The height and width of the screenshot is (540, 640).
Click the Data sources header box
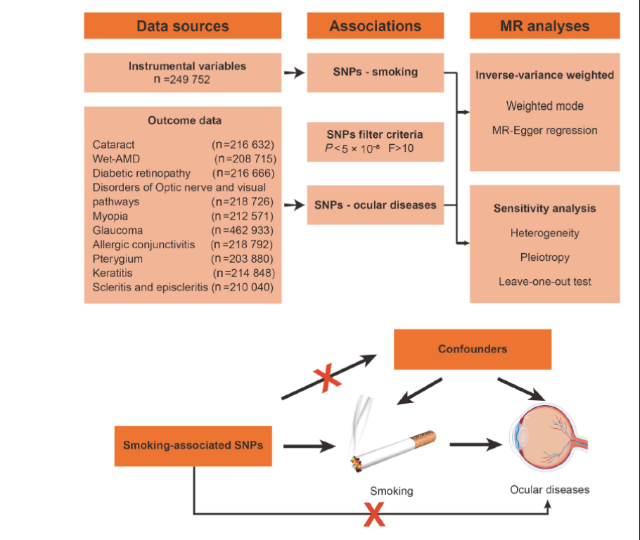pyautogui.click(x=182, y=26)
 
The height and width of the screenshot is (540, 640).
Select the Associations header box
pyautogui.click(x=376, y=26)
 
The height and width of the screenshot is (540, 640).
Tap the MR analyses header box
pyautogui.click(x=544, y=26)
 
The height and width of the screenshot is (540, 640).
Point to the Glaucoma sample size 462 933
pyautogui.click(x=243, y=230)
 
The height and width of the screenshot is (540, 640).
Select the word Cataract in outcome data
pyautogui.click(x=113, y=144)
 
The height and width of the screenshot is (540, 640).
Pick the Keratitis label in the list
pyautogui.click(x=113, y=273)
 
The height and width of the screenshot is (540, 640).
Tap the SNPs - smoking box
pyautogui.click(x=376, y=72)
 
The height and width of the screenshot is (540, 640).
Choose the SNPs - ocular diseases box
pyautogui.click(x=376, y=205)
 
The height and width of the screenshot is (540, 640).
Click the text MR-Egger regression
pyautogui.click(x=545, y=130)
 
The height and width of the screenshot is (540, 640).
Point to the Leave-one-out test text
pyautogui.click(x=545, y=281)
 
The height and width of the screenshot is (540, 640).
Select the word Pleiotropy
pyautogui.click(x=545, y=257)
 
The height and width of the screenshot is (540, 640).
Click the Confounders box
pyautogui.click(x=472, y=349)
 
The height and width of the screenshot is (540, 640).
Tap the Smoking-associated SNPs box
pyautogui.click(x=193, y=445)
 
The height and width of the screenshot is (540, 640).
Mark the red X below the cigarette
pyautogui.click(x=373, y=515)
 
